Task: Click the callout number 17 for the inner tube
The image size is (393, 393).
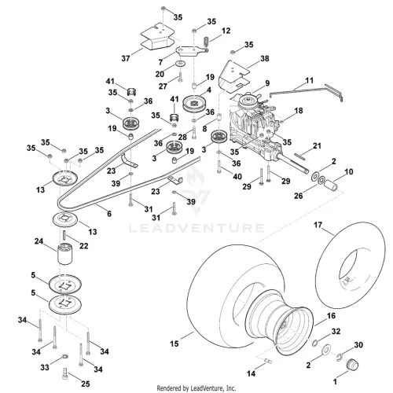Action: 318,225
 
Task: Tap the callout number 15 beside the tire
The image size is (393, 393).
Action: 174,343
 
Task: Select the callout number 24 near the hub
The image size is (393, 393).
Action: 39,241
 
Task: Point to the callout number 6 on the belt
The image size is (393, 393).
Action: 109,214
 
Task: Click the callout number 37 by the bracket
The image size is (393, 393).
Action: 126,58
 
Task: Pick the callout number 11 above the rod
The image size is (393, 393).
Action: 310,80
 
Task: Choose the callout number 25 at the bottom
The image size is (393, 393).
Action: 86,384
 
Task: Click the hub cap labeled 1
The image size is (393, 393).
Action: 351,365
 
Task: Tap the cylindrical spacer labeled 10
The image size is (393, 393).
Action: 330,184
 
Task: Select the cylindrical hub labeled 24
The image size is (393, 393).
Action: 64,254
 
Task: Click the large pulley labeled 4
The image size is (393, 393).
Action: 193,104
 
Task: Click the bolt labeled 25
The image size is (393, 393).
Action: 65,373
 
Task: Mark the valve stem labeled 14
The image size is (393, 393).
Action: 267,361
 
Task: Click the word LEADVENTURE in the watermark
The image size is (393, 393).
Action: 196,228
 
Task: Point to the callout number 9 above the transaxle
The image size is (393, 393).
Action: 267,83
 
